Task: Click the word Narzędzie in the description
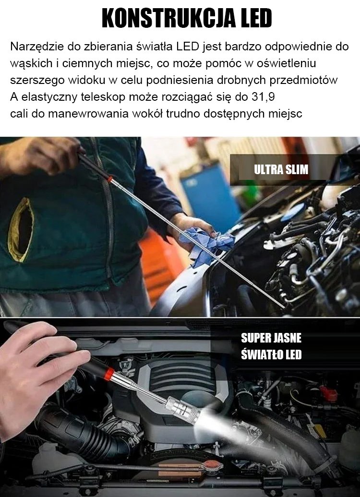tap(37, 47)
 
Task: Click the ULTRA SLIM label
tap(281, 169)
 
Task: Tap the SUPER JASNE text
tap(271, 338)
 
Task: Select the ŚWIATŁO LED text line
tap(271, 354)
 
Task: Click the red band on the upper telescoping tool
tap(110, 179)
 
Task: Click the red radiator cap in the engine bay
tap(211, 465)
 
